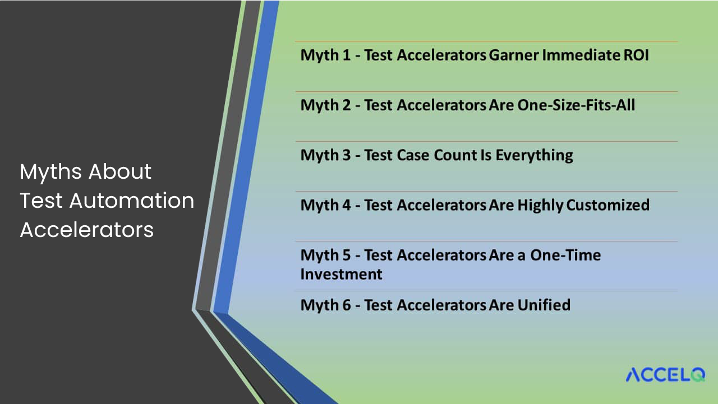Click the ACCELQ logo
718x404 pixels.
point(665,374)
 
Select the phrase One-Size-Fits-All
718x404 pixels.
point(577,105)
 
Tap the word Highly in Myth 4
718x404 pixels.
point(540,205)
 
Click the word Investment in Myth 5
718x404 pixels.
point(341,274)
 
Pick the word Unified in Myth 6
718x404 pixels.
point(544,305)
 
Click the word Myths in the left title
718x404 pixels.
point(50,172)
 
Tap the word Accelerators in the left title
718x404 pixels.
point(87,230)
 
